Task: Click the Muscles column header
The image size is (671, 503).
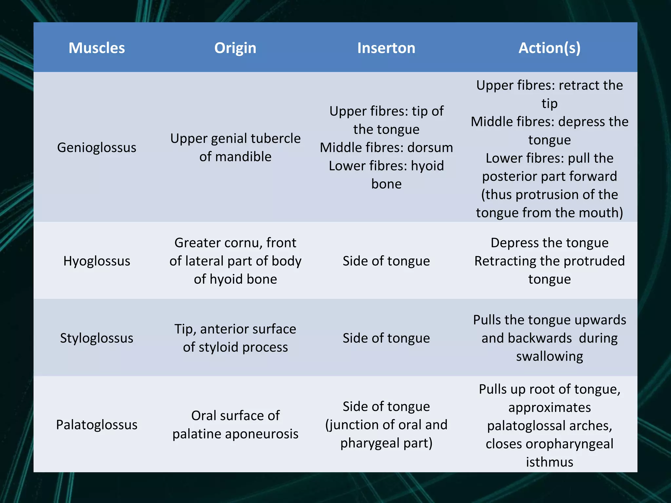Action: [x=97, y=48]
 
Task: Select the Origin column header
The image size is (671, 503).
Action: [x=235, y=48]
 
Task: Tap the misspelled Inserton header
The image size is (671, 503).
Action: [x=386, y=48]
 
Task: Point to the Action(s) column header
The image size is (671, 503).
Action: [x=549, y=48]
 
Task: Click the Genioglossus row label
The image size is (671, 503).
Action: [x=97, y=147]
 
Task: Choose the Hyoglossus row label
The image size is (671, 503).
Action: [x=97, y=261]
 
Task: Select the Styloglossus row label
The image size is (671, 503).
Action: [x=97, y=338]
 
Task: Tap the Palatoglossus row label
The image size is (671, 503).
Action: [x=97, y=425]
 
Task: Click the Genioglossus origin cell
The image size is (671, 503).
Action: [x=235, y=147]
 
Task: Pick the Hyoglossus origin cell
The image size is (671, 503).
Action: [x=235, y=261]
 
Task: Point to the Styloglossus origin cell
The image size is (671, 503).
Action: [x=235, y=338]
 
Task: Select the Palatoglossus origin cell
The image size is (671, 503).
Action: [x=235, y=425]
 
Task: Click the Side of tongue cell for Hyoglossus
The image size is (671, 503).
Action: [x=386, y=261]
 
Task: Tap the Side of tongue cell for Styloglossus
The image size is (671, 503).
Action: [x=386, y=338]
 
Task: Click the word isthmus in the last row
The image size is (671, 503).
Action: [x=549, y=462]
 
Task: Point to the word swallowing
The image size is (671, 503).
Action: [x=549, y=356]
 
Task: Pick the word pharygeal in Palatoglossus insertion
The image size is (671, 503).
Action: [x=370, y=443]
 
